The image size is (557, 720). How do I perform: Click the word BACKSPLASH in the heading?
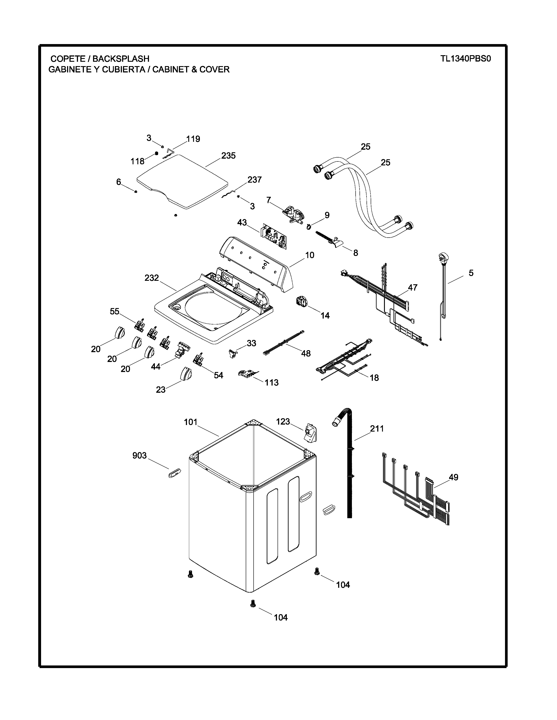point(121,59)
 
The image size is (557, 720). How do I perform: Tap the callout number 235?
point(228,156)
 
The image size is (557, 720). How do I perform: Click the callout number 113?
point(271,382)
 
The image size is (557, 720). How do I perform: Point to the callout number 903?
point(139,455)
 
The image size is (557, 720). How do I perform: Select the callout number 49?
point(453,477)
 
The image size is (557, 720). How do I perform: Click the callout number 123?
point(283,421)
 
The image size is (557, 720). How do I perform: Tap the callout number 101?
point(190,422)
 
